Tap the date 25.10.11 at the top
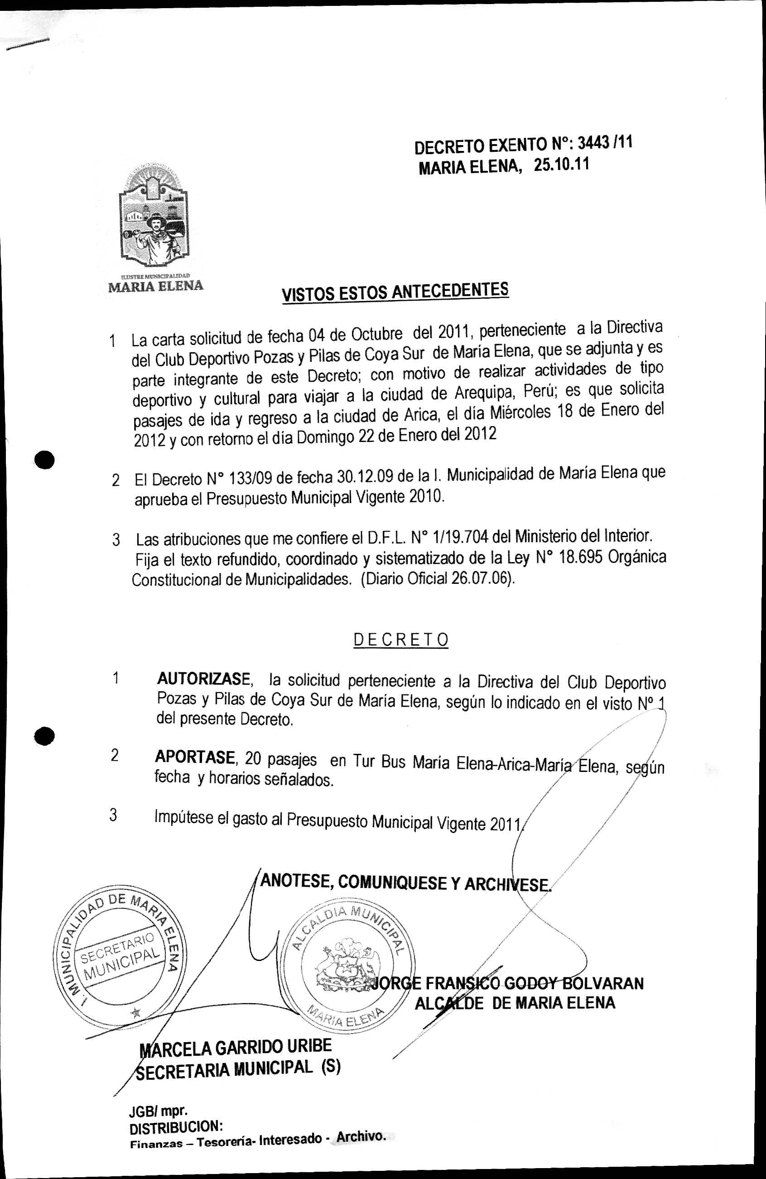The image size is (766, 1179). pos(562,165)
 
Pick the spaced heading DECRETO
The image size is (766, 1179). pos(400,640)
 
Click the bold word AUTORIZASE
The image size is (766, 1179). pos(203,678)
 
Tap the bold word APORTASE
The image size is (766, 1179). pos(195,757)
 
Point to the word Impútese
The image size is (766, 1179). pos(183,815)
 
